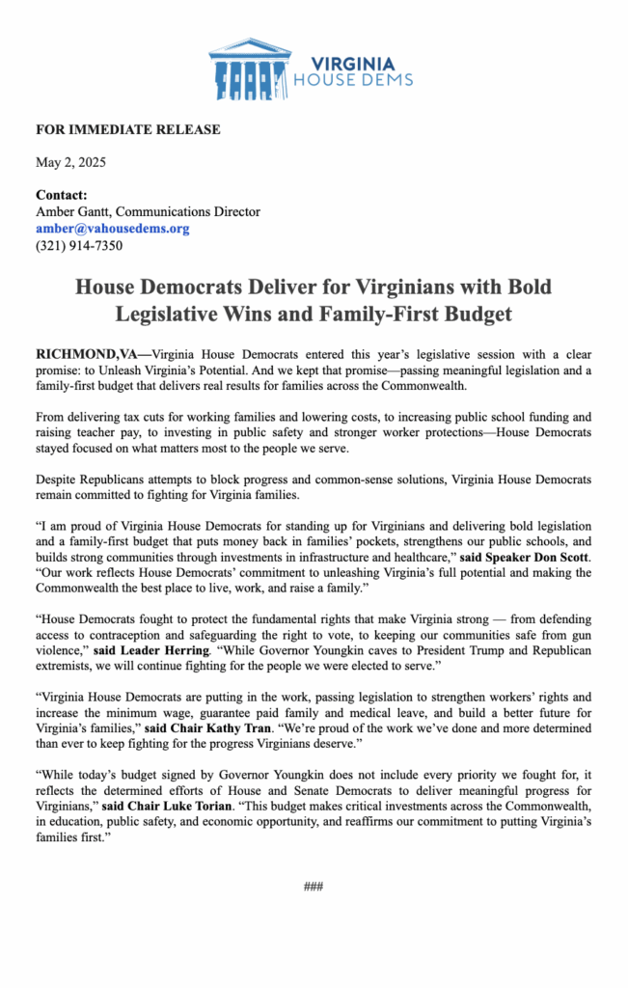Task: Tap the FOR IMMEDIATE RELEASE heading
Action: pos(128,129)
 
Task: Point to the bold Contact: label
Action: pos(62,195)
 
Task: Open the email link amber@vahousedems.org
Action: pos(112,229)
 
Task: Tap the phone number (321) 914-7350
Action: pos(79,245)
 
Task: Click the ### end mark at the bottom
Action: pos(313,886)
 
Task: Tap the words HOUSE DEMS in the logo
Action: pos(353,79)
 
